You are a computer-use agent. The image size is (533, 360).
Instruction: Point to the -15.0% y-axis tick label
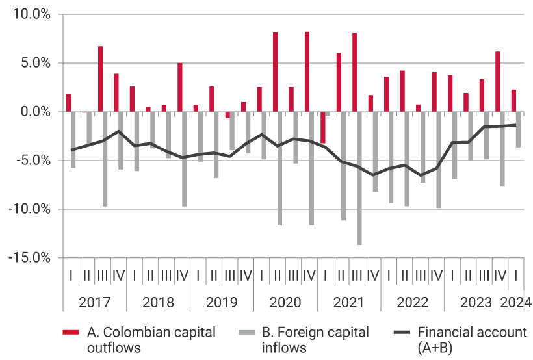point(29,257)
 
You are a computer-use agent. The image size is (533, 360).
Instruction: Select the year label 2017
point(94,302)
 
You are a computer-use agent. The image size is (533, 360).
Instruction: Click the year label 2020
point(285,302)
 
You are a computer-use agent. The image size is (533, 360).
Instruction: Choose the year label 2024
point(515,302)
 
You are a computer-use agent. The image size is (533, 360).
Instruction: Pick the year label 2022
point(412,302)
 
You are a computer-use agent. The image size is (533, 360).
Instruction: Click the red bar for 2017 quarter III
point(101,79)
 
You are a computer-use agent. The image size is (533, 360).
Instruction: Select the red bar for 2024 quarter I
point(513,101)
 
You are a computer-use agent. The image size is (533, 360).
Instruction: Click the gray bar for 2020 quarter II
point(280,168)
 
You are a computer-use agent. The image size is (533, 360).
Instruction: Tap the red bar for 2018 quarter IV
point(180,87)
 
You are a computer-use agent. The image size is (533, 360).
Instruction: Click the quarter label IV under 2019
point(245,276)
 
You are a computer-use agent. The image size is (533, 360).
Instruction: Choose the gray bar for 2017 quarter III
point(105,159)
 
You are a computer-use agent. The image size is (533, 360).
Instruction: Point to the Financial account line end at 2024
point(516,125)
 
